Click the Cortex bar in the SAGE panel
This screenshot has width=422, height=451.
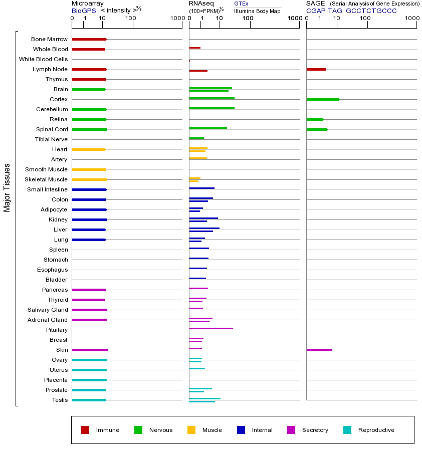[x=323, y=99]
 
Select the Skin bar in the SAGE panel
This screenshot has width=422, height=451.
[x=319, y=350]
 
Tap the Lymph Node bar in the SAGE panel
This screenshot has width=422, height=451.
[x=316, y=69]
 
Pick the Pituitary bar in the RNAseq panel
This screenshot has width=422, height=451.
[x=211, y=328]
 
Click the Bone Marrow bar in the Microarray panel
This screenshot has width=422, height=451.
[x=89, y=39]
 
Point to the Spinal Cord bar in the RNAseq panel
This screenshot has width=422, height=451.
[x=208, y=128]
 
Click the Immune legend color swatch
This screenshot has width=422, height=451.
[x=85, y=430]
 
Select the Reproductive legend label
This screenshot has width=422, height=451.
[x=376, y=430]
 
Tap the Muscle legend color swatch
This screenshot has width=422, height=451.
[x=191, y=430]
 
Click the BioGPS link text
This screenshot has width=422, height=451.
[x=83, y=11]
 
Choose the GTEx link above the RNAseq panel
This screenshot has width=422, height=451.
[x=241, y=4]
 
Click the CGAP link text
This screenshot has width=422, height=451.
[x=316, y=11]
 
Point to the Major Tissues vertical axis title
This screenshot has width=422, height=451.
[x=7, y=187]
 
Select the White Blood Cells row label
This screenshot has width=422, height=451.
[x=43, y=59]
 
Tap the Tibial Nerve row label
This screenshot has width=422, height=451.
[x=51, y=139]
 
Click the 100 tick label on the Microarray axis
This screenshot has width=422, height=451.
[x=130, y=19]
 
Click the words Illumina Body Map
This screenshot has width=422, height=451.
[x=257, y=11]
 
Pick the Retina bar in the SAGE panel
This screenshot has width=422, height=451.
[x=315, y=119]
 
